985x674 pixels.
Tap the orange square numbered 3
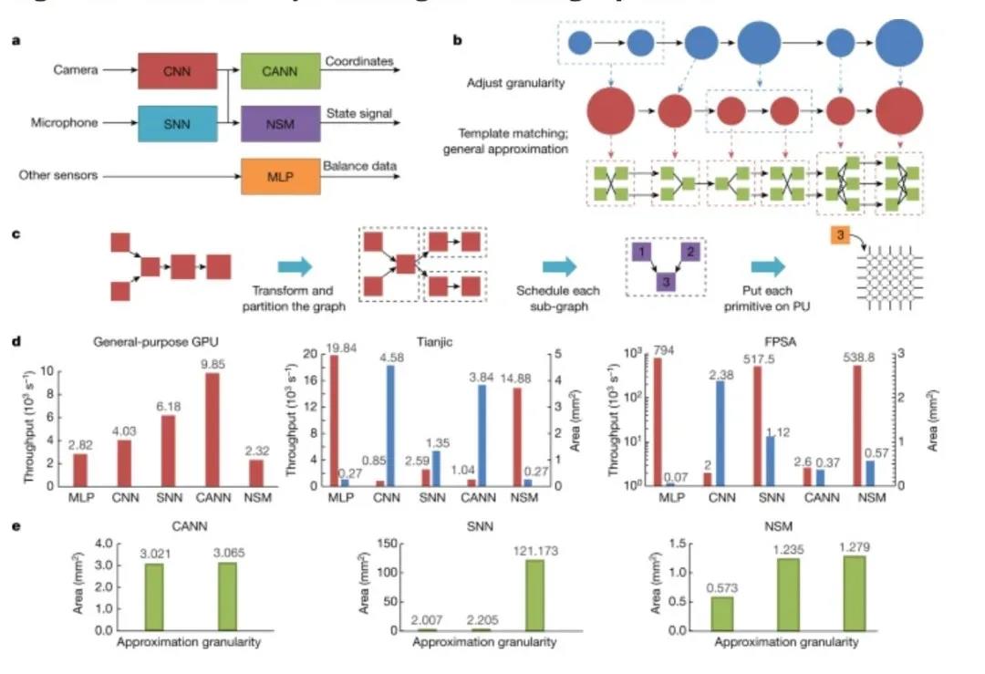pos(840,236)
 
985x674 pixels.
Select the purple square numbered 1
pos(643,251)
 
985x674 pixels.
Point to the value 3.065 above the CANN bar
pos(222,553)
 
